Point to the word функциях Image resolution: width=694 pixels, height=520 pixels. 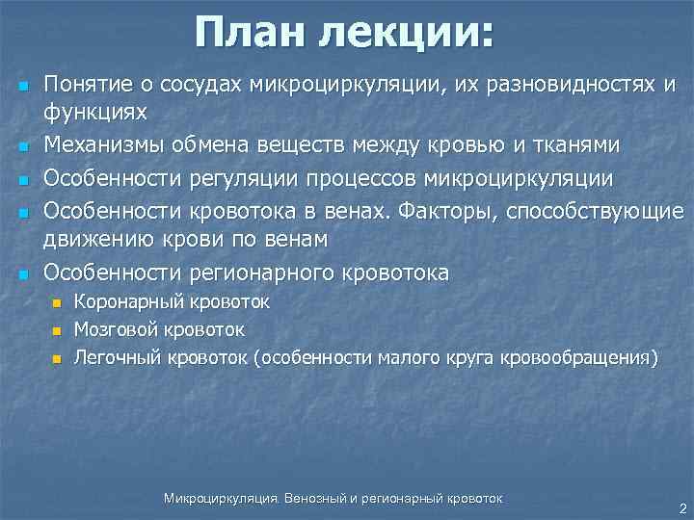(95, 114)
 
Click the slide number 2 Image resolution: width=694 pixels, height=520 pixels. (681, 507)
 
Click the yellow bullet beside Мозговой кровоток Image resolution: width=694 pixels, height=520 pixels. (56, 331)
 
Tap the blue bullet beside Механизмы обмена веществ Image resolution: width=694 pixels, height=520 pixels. (21, 146)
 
